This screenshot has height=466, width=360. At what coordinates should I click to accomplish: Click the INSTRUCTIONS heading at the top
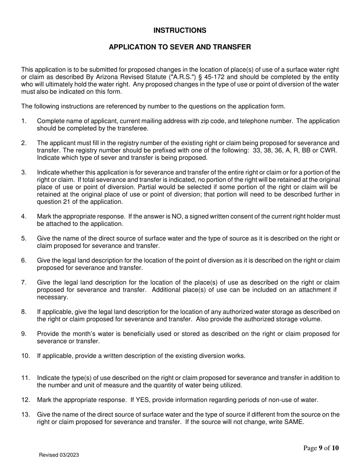180,30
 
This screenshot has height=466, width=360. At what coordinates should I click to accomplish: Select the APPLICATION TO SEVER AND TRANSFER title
180,47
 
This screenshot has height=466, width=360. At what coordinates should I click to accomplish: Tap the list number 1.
24,121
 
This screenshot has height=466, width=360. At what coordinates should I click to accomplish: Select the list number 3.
24,172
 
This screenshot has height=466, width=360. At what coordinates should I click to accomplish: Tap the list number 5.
24,238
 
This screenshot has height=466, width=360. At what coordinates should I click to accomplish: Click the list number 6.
24,260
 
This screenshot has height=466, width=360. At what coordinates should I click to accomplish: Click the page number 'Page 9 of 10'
321,448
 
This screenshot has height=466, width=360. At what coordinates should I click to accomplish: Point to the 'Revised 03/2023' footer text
59,455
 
